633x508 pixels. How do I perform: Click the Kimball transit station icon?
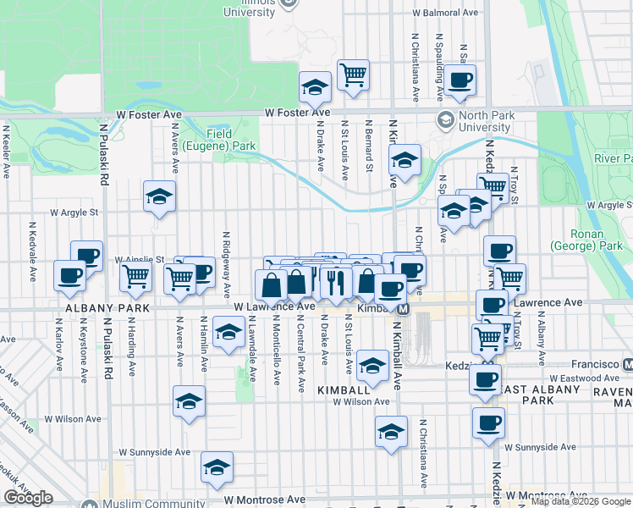(x=405, y=309)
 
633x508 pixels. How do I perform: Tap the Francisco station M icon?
(x=627, y=364)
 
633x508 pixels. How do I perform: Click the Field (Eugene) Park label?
(x=231, y=140)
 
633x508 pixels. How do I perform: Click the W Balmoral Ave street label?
(x=445, y=13)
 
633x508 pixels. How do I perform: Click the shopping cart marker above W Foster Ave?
(x=354, y=75)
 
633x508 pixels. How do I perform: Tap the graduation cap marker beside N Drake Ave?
(x=315, y=86)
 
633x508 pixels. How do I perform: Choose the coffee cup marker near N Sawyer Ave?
(x=460, y=80)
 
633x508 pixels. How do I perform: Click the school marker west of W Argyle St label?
(x=159, y=197)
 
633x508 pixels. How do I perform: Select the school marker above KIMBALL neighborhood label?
(x=372, y=365)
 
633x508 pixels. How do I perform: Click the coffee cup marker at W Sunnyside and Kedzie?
(x=488, y=422)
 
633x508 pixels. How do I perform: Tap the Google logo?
(x=28, y=498)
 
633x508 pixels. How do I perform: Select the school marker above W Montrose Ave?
(x=217, y=467)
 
